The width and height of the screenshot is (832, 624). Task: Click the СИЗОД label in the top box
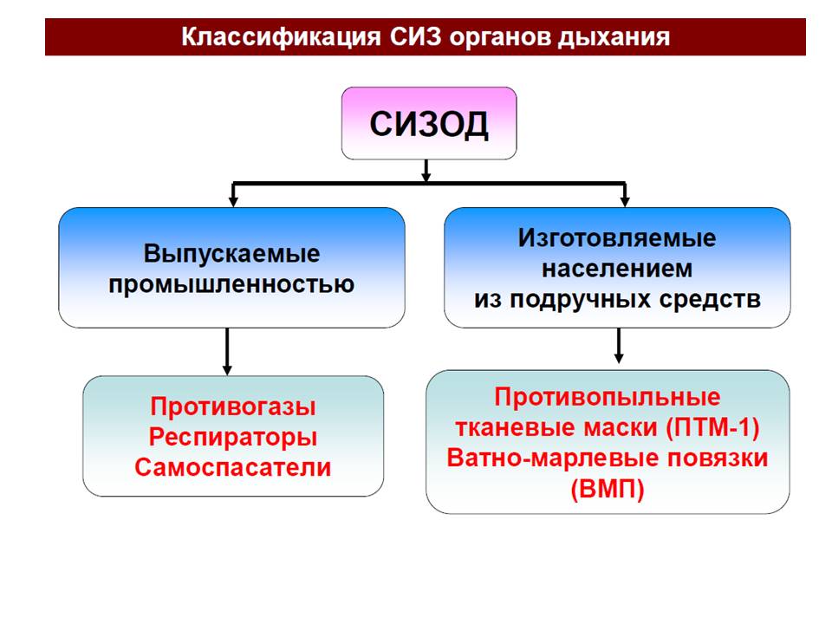[429, 124]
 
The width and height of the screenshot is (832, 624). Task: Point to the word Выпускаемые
[231, 255]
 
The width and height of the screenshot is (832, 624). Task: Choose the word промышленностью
[231, 283]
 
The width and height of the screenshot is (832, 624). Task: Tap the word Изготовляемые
[617, 238]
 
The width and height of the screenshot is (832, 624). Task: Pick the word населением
[617, 269]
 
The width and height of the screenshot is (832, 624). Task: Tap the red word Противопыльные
[608, 397]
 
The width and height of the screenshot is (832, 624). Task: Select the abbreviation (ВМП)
[608, 489]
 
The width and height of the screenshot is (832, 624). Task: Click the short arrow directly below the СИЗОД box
[426, 171]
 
